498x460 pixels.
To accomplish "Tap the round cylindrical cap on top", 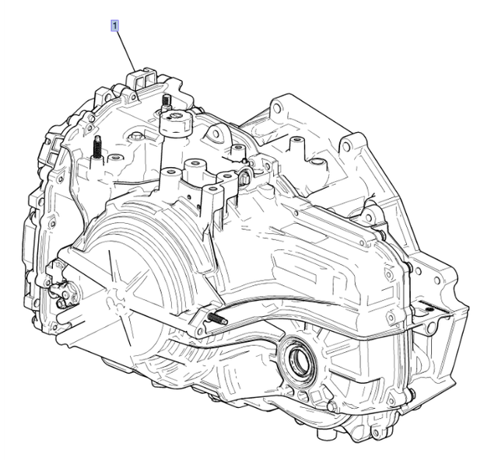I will point(176,121).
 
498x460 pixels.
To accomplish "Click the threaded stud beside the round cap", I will point(166,101).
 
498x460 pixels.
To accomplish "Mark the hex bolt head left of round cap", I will point(137,139).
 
